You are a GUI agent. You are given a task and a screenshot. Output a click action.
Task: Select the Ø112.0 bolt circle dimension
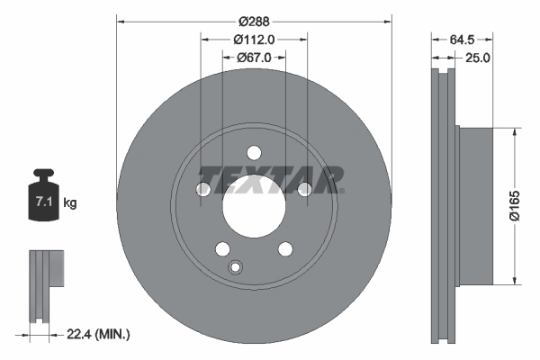click(x=253, y=39)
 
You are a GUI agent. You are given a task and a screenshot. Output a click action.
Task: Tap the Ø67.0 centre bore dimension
click(x=254, y=58)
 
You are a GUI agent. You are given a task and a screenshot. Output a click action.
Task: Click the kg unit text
click(x=70, y=203)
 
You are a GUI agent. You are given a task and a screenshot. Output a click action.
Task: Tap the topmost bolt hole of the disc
click(x=254, y=152)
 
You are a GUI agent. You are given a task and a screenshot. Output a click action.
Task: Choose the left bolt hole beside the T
click(x=203, y=188)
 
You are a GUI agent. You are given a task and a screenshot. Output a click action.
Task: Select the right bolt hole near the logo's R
click(x=304, y=188)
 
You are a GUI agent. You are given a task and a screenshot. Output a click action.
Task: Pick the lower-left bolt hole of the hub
click(x=222, y=248)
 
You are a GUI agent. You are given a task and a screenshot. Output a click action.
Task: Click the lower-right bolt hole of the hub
click(x=284, y=248)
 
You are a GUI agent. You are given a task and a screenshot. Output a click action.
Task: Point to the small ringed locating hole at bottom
click(x=237, y=266)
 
